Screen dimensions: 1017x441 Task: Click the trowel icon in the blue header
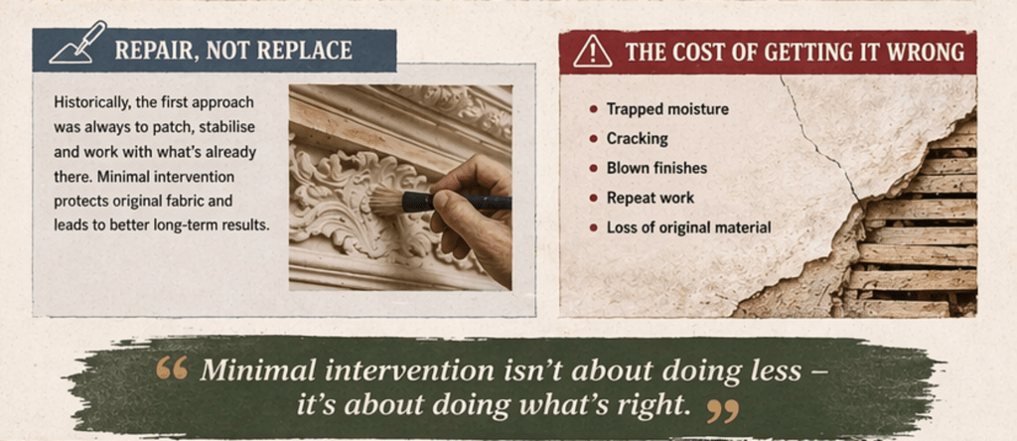(77, 43)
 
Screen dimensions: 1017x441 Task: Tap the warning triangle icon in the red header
(592, 52)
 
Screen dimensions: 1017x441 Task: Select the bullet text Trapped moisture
(667, 109)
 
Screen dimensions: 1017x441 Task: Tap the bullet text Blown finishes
(656, 169)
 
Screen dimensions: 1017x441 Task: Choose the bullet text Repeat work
(650, 198)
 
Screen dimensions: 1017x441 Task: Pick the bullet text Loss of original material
(689, 227)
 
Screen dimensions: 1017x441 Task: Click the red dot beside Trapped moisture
(593, 109)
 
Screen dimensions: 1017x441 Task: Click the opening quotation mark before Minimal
(172, 368)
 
